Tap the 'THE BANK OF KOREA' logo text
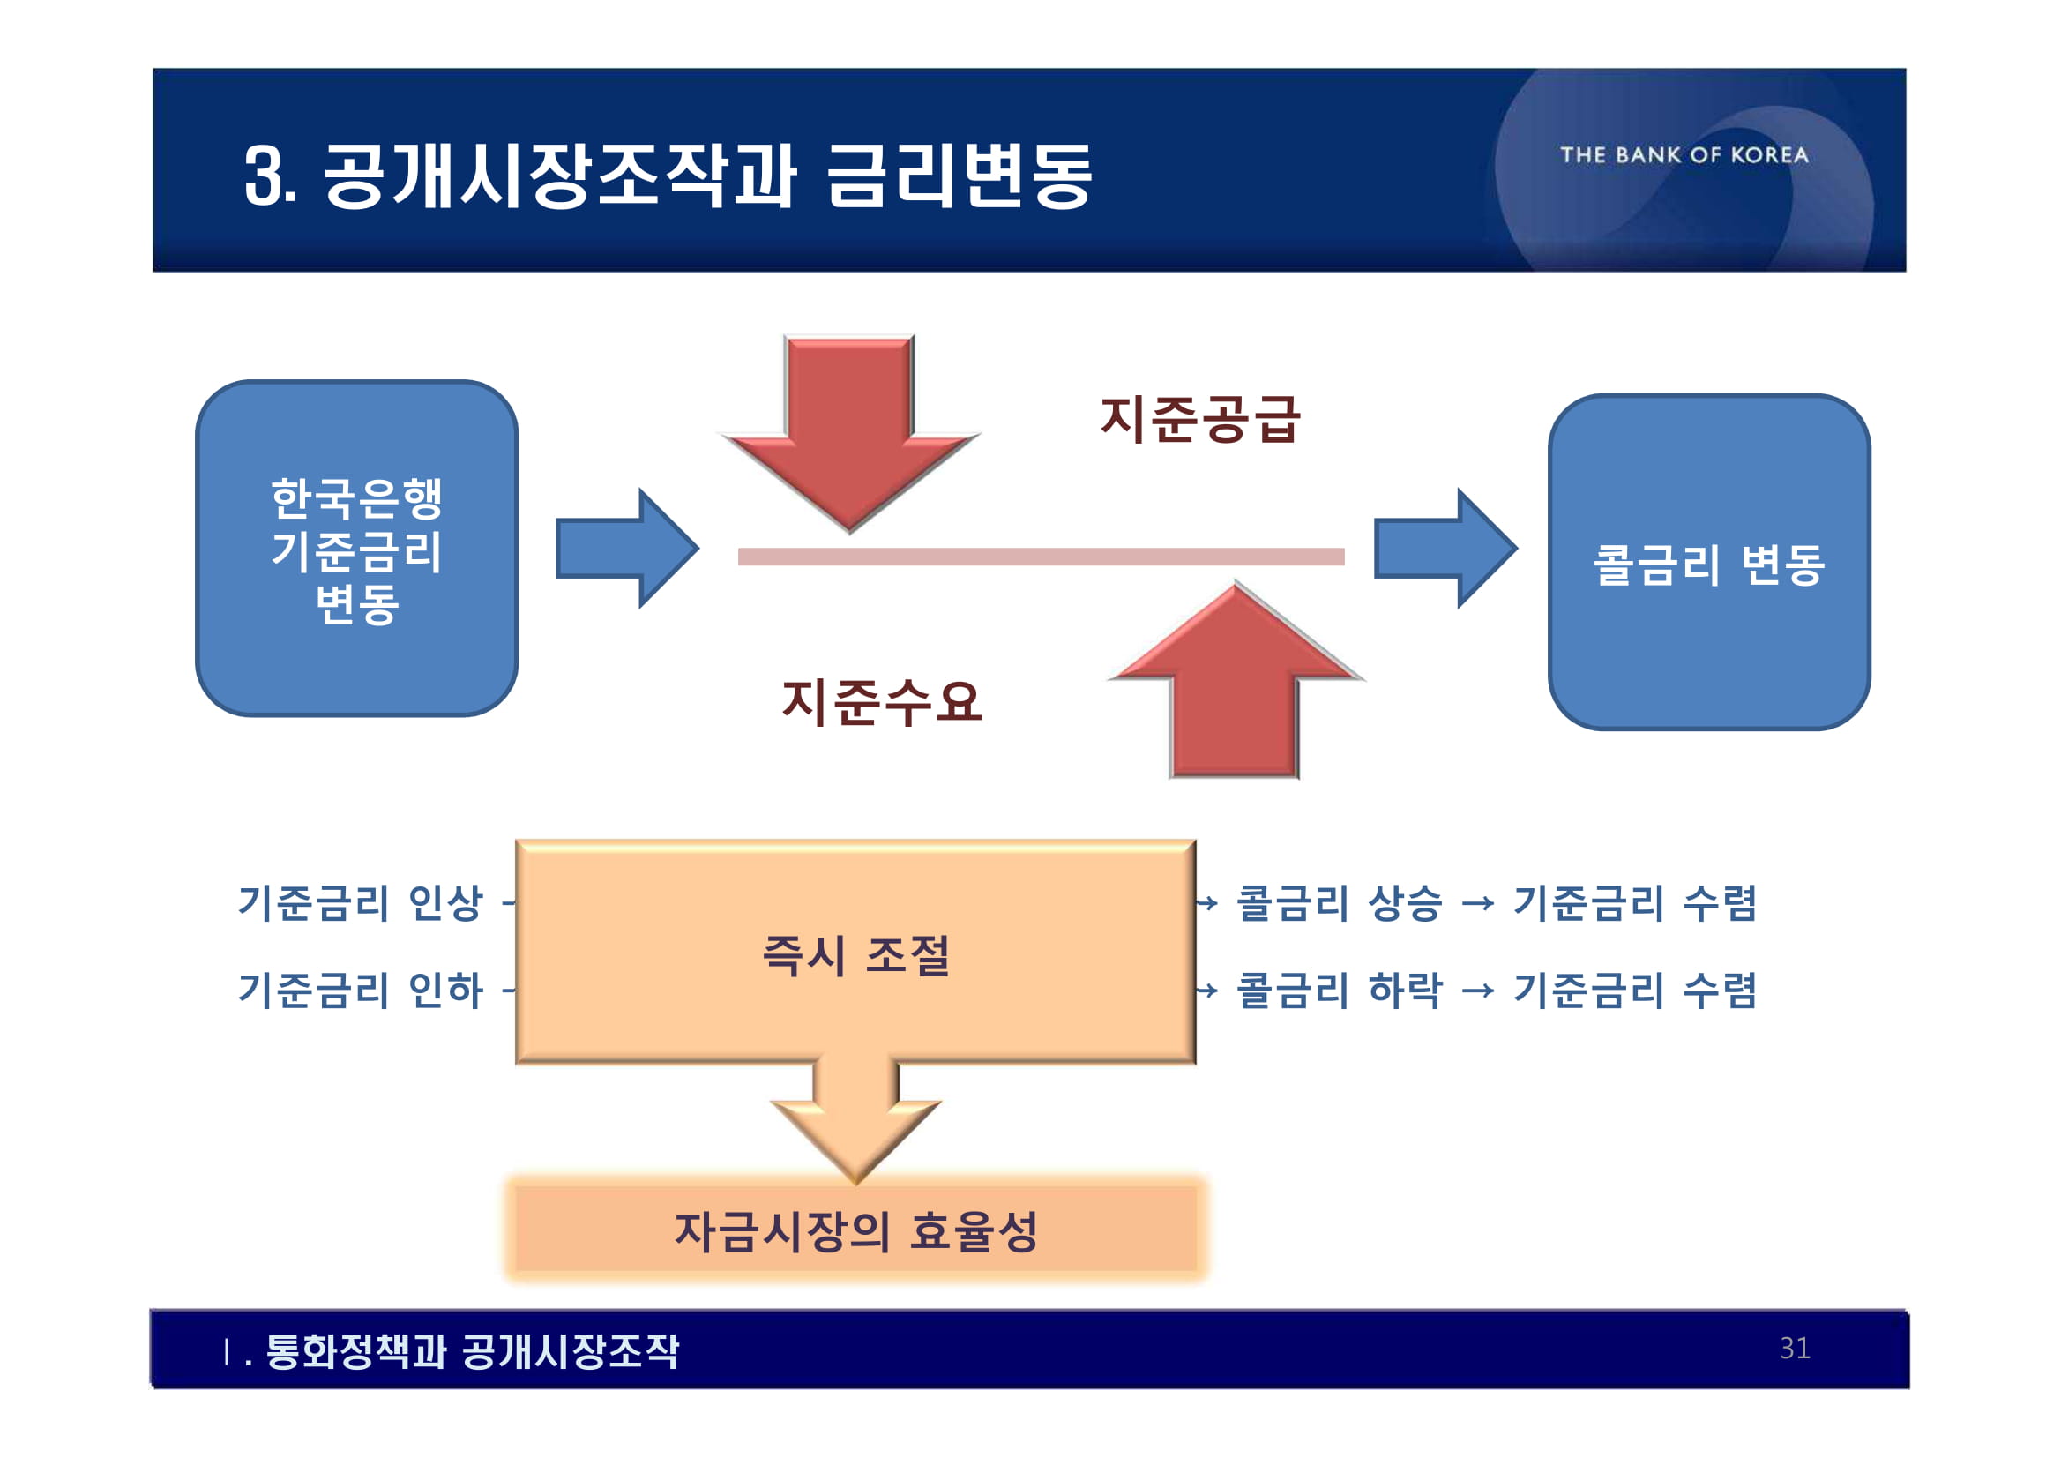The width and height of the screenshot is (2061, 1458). pyautogui.click(x=1684, y=155)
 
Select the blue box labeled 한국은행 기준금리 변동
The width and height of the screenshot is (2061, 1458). pyautogui.click(x=356, y=549)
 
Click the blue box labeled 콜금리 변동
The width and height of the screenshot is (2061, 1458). pyautogui.click(x=1708, y=563)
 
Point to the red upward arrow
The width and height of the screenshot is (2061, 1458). pyautogui.click(x=1236, y=683)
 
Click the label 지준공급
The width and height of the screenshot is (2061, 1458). pyautogui.click(x=1199, y=419)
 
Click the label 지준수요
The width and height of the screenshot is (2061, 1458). pyautogui.click(x=883, y=701)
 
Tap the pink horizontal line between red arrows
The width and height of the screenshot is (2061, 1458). pyautogui.click(x=1042, y=557)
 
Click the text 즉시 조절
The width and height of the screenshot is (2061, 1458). pyautogui.click(x=855, y=954)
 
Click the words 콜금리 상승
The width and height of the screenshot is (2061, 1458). pyautogui.click(x=1340, y=902)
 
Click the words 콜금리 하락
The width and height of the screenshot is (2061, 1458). pyautogui.click(x=1340, y=991)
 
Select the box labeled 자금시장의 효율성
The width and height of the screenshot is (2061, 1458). pyautogui.click(x=855, y=1230)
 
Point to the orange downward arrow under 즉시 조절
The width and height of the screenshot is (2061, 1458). pyautogui.click(x=855, y=1122)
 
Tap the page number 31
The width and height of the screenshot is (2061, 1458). pyautogui.click(x=1795, y=1348)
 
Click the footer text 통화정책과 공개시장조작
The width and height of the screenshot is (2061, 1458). pyautogui.click(x=472, y=1350)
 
